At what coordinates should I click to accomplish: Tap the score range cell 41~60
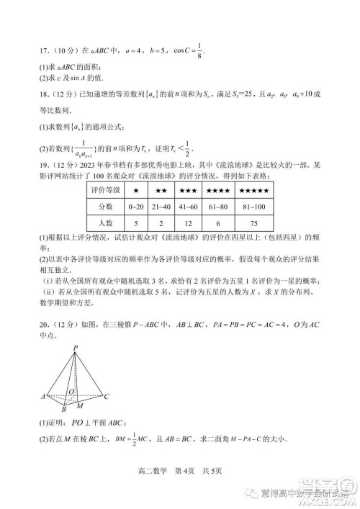[189, 207]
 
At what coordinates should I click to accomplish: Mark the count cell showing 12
[189, 223]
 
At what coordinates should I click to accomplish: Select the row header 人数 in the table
[105, 223]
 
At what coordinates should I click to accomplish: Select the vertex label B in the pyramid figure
[63, 408]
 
